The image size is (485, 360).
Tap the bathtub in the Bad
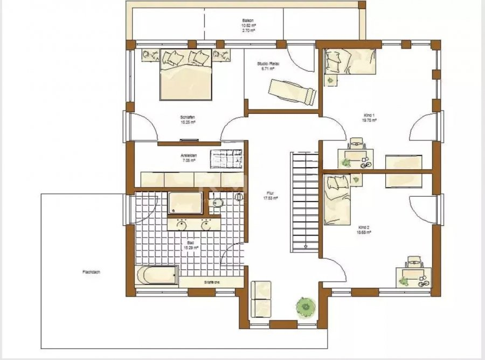[157, 275]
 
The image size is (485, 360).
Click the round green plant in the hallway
[304, 307]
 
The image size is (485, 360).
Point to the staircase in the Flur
[306, 202]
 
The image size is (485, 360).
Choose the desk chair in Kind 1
[356, 143]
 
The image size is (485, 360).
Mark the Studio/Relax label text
[269, 66]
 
